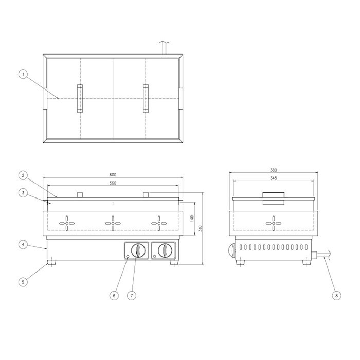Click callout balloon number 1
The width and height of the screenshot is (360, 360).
coord(23,74)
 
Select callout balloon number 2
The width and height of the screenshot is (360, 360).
coord(23,176)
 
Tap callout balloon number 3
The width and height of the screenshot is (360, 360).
coord(23,193)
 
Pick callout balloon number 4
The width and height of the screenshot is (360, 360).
coord(23,245)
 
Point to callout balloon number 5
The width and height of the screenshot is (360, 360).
coord(23,282)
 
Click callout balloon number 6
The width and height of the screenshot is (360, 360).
coord(114,296)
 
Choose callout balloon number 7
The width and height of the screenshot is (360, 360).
coord(132,296)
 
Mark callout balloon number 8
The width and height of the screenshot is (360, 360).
coord(336,296)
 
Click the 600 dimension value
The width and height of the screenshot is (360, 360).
coord(113,175)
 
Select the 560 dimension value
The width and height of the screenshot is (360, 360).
coord(113,183)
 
